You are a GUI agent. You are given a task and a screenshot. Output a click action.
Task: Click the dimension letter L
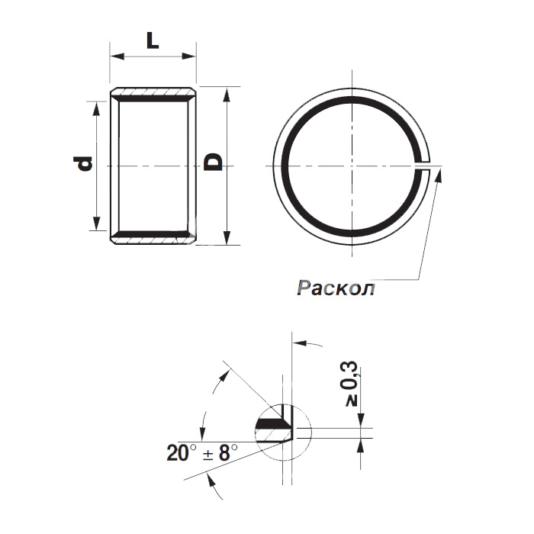point(153,41)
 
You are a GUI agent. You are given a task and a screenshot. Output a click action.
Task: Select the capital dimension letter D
point(213,162)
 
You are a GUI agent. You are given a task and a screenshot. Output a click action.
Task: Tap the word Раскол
point(336,288)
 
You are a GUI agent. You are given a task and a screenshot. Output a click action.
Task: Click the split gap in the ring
point(423,166)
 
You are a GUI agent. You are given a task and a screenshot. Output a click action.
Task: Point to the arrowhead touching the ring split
point(439,175)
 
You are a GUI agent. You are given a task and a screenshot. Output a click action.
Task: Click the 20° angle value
point(182,453)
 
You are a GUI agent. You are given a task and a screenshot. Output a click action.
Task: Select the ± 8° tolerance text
point(220,453)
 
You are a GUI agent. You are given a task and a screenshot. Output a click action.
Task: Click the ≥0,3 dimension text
point(349,384)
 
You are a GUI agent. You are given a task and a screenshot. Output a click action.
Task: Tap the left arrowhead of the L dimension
point(117,56)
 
